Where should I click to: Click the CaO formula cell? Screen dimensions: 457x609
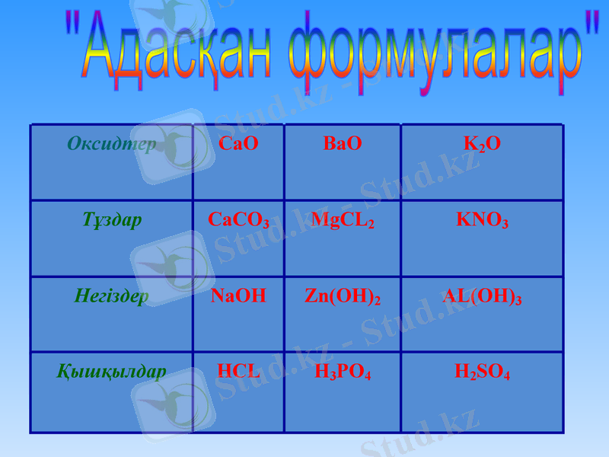pos(238,144)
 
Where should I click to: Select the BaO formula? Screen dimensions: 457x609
pos(343,144)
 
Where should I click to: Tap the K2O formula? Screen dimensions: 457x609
pos(482,145)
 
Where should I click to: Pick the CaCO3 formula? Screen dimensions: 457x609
pos(238,221)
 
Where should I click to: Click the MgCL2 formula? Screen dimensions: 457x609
pos(343,221)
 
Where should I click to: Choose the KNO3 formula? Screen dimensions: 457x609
pos(482,221)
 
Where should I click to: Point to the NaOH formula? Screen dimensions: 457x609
pos(238,296)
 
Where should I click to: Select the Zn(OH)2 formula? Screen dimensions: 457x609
pos(343,297)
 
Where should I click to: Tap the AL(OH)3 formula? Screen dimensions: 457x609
pos(482,297)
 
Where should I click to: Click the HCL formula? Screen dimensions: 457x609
pos(238,372)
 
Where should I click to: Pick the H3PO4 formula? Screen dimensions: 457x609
pos(343,372)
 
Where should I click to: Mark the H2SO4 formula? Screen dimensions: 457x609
pos(482,372)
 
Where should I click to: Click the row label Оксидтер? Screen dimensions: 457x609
pos(112,143)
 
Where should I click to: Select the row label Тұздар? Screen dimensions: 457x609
pos(112,221)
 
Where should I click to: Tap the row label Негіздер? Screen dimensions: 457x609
pos(112,296)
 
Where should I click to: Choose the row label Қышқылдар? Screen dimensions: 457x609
pos(112,372)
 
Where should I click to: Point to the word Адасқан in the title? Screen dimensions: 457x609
pos(175,55)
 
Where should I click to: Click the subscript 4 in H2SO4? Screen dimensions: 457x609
pos(506,376)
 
